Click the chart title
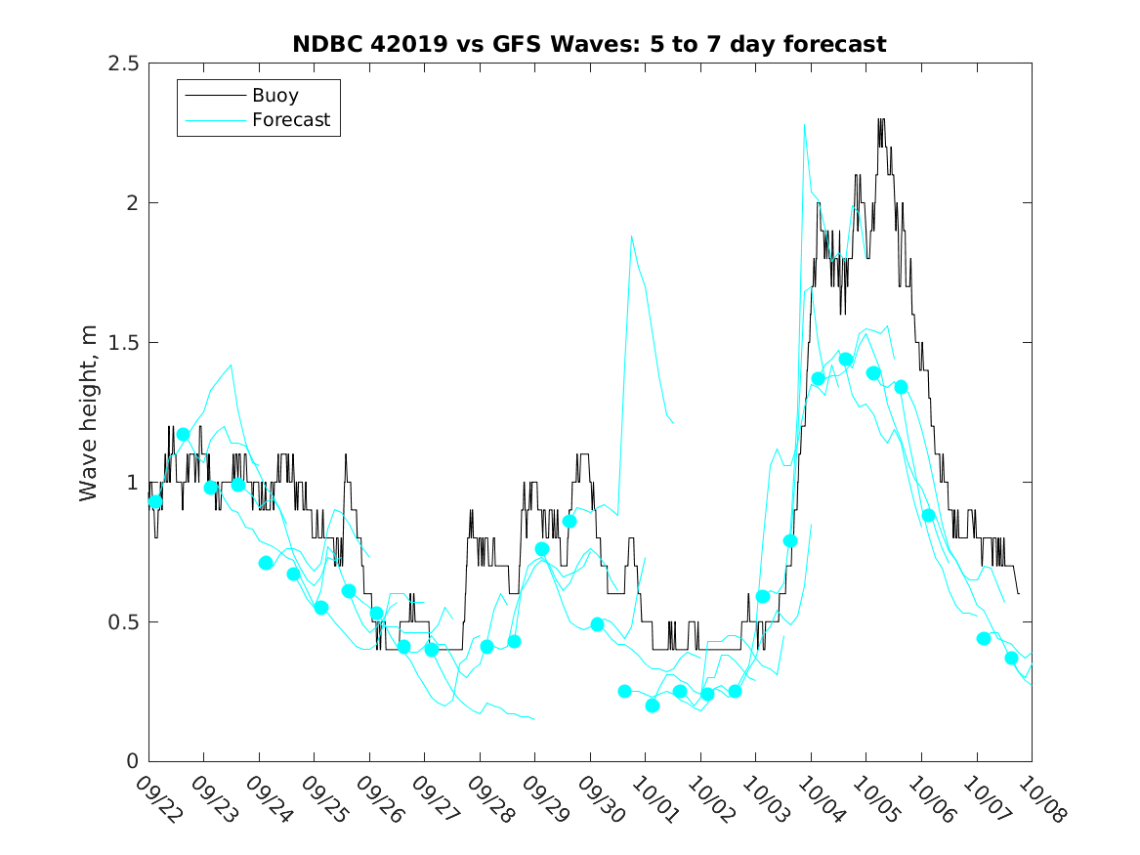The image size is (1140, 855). click(589, 44)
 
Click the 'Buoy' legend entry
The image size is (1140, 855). click(275, 96)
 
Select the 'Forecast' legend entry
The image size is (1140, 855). click(291, 121)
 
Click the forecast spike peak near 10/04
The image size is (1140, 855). click(804, 125)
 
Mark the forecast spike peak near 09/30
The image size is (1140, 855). click(632, 236)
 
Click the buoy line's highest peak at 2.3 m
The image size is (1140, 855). click(881, 120)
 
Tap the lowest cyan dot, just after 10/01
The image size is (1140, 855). click(653, 705)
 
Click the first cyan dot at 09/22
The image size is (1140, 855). click(155, 501)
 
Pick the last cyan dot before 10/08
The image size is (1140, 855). click(1011, 658)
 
